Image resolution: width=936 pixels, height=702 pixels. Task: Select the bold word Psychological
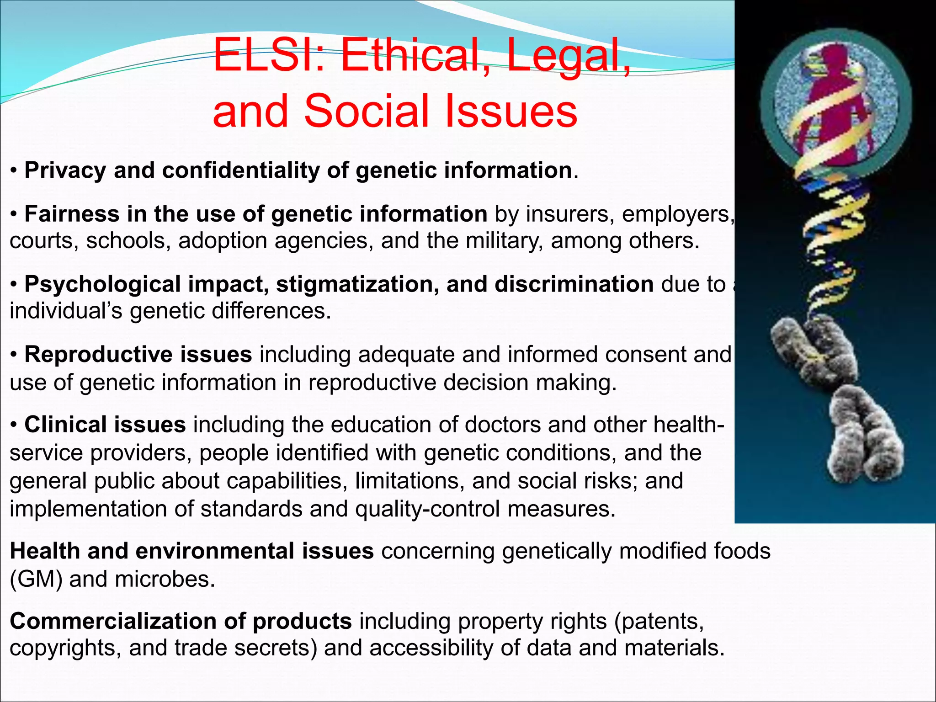(x=102, y=285)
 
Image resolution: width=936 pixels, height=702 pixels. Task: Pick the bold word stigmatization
(x=355, y=285)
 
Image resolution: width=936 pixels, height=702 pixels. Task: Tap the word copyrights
(x=62, y=648)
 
